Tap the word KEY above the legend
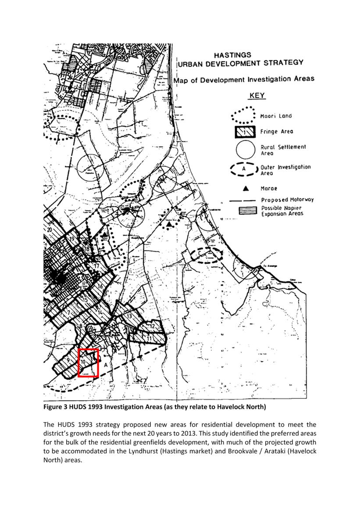(257, 96)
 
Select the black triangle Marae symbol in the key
(246, 188)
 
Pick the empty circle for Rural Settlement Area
(246, 150)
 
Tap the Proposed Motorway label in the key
(287, 200)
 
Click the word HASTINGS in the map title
(232, 55)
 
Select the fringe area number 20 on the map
(50, 229)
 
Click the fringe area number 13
(129, 316)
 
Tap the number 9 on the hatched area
(68, 359)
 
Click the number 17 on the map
(97, 265)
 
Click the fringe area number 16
(100, 287)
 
